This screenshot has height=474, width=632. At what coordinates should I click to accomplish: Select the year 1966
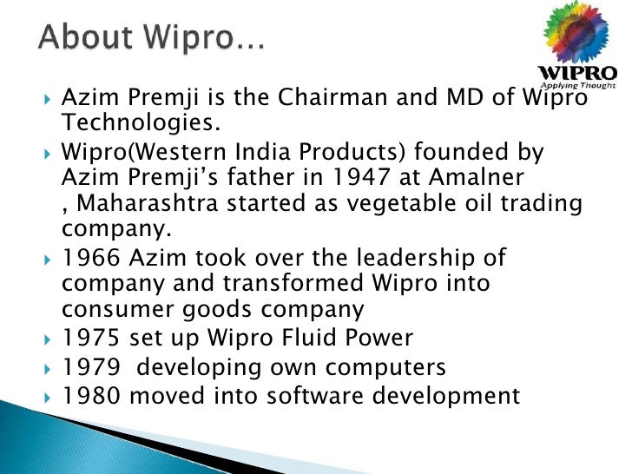tap(91, 260)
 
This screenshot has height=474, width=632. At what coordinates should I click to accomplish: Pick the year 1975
tap(91, 338)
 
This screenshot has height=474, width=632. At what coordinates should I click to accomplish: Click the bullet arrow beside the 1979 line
tap(48, 367)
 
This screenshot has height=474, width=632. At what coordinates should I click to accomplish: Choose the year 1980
tap(91, 396)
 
